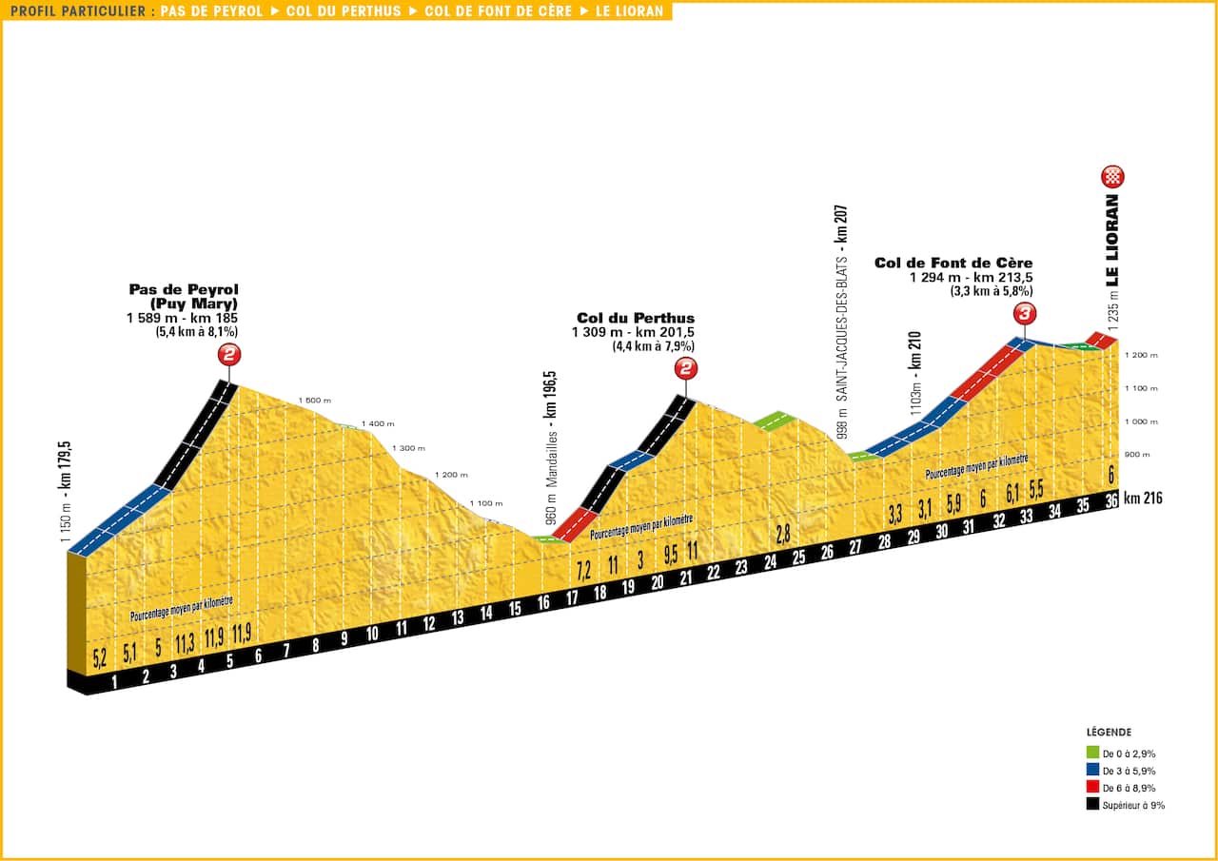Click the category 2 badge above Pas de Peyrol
(x=229, y=355)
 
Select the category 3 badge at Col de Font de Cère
(x=1025, y=313)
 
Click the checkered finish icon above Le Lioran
(x=1113, y=176)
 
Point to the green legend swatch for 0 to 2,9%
(x=1093, y=753)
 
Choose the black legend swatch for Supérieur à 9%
(x=1093, y=805)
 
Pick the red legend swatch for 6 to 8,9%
(x=1093, y=788)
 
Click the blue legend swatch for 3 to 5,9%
(x=1093, y=771)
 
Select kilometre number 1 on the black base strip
(x=115, y=680)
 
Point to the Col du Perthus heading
(x=636, y=318)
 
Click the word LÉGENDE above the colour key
(x=1109, y=733)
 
